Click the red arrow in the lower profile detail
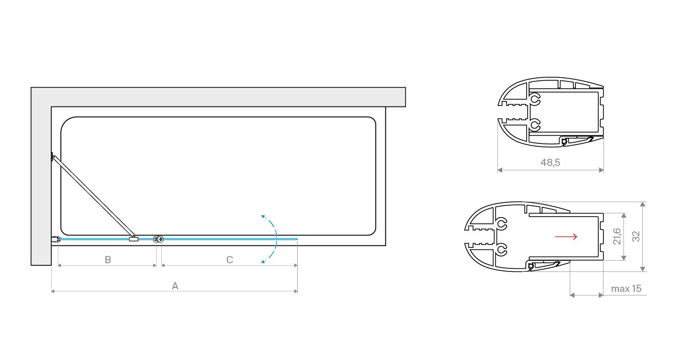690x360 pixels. [566, 236]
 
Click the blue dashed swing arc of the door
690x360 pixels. [274, 239]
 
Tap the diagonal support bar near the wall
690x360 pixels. [92, 196]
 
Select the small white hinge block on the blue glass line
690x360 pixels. [134, 239]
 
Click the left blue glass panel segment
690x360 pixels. [92, 239]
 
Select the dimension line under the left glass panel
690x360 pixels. [106, 266]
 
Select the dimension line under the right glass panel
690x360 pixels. [229, 266]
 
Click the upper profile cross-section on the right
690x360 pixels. [551, 112]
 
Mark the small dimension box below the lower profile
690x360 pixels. [587, 285]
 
